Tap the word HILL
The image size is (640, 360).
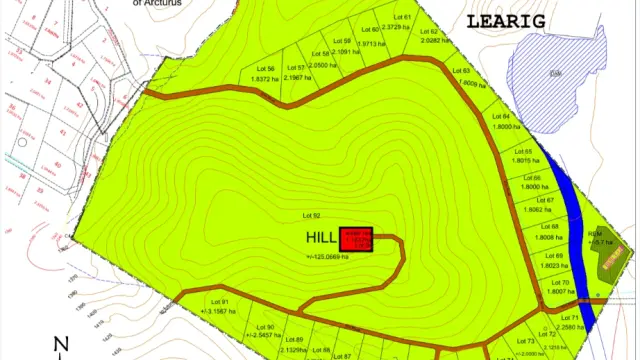pos(322,239)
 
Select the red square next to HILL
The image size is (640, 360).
pos(356,240)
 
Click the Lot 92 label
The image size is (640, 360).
pos(310,215)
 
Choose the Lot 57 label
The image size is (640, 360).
pos(295,68)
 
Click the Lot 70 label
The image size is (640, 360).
pos(559,283)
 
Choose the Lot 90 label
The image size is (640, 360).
pos(265,327)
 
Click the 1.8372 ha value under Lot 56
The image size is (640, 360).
pos(257,78)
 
